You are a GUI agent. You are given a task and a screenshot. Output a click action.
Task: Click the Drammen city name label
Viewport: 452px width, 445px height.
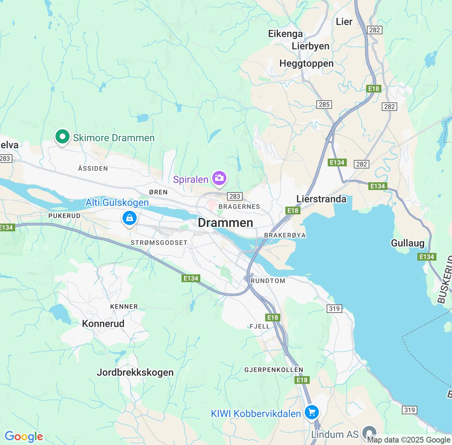[225, 222]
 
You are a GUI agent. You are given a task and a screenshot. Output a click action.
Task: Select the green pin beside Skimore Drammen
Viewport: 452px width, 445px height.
[63, 137]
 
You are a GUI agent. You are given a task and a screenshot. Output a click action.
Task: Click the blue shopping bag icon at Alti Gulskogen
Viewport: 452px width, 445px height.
[130, 218]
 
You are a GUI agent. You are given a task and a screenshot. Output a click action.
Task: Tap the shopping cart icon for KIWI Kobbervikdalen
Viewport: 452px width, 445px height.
[311, 412]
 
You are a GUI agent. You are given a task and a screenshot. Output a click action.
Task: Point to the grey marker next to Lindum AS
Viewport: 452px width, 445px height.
[369, 433]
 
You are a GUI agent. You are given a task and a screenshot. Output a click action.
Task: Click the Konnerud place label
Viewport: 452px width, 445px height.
[103, 324]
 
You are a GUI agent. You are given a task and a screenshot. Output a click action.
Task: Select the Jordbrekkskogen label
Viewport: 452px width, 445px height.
[135, 372]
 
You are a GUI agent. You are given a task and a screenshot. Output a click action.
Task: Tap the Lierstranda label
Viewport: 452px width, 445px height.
[321, 199]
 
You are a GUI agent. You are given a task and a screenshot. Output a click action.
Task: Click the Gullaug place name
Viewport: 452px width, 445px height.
[408, 243]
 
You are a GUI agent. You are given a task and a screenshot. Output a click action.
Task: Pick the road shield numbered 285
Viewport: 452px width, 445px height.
[324, 105]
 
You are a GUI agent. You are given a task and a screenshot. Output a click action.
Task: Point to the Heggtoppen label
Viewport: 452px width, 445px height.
[306, 64]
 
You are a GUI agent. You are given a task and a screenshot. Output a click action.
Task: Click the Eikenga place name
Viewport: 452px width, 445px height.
[285, 34]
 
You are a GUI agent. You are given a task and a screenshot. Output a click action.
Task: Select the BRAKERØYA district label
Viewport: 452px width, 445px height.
[285, 235]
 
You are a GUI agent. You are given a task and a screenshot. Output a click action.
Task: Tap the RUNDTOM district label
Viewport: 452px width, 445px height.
[268, 281]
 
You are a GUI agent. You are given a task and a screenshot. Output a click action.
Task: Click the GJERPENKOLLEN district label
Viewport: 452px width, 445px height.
[274, 370]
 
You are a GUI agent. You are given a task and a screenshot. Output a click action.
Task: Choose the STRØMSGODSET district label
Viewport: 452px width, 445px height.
[159, 243]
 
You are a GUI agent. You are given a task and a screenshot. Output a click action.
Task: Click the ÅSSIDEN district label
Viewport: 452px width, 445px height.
[93, 168]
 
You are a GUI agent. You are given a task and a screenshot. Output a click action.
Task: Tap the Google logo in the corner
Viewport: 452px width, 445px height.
[24, 437]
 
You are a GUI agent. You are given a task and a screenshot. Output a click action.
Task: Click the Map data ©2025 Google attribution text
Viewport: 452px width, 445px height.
[409, 440]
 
